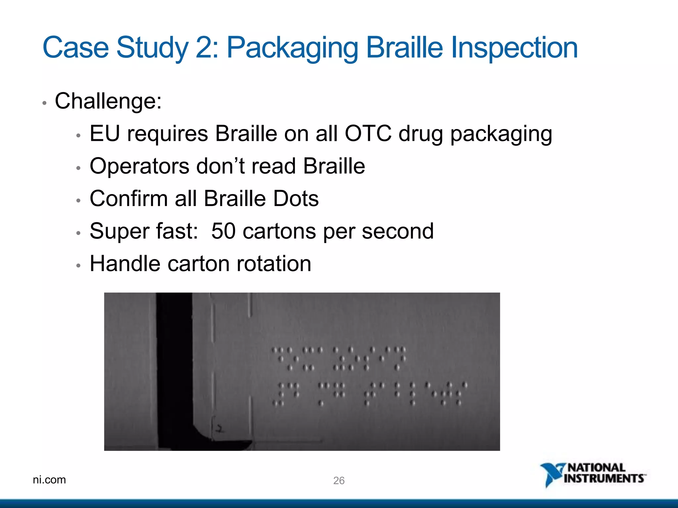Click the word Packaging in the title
point(292,48)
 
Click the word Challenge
point(108,101)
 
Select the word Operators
point(139,166)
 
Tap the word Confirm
point(128,199)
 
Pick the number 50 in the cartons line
point(223,231)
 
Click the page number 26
point(339,481)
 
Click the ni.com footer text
point(49,480)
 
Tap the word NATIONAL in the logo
point(596,468)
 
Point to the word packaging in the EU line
point(501,134)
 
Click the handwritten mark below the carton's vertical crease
point(219,429)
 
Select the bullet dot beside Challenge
point(45,103)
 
